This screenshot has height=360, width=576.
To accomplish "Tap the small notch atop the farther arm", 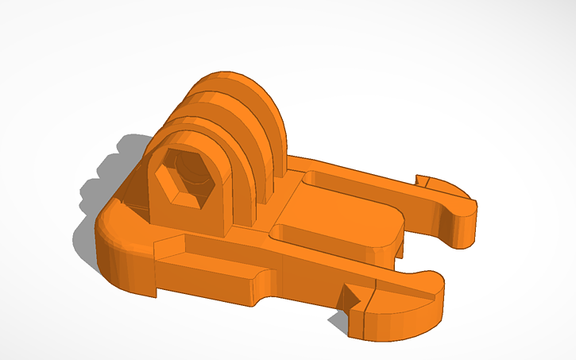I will point(423,182).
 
